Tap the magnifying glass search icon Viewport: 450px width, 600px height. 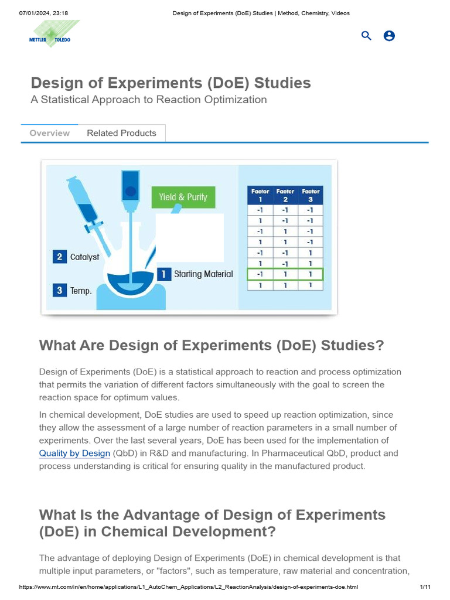(366, 36)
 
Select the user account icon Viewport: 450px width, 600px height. (389, 36)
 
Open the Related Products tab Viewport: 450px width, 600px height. (121, 133)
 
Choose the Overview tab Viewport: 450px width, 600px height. (50, 133)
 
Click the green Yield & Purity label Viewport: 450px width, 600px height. (183, 197)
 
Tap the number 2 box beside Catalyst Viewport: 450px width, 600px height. (59, 257)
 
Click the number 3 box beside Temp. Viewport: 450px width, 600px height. (59, 290)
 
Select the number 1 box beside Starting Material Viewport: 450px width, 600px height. (165, 274)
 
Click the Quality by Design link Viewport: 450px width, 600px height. (74, 454)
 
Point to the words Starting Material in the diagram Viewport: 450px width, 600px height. (203, 274)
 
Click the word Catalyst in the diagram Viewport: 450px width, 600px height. (85, 257)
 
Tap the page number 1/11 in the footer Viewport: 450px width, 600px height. (425, 587)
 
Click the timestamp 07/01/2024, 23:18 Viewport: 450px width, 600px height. (40, 13)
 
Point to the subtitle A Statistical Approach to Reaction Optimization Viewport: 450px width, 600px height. (149, 100)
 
